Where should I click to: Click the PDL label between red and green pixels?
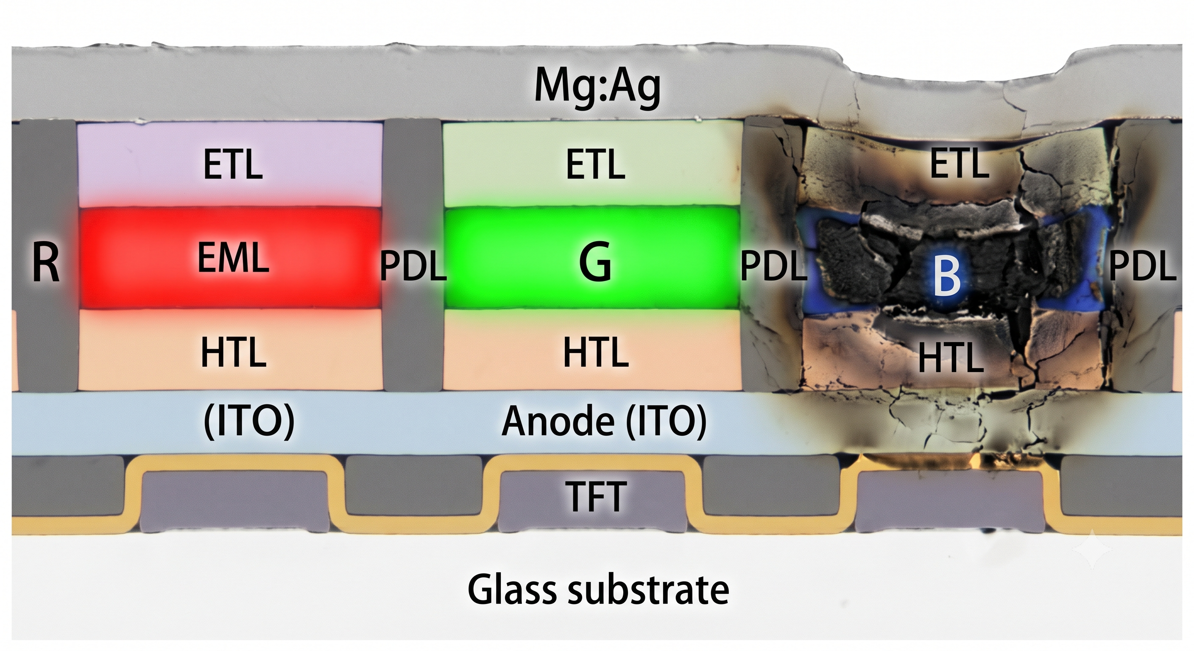click(413, 267)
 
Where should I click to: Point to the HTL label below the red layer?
click(233, 352)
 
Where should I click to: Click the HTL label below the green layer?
click(596, 352)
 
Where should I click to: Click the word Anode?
click(558, 421)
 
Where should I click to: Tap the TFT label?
click(596, 496)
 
